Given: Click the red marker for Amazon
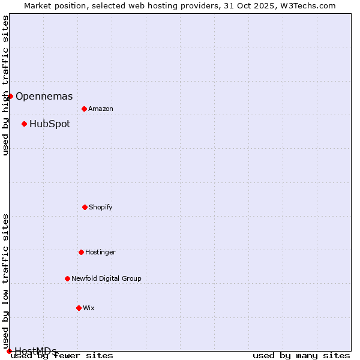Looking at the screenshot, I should [84, 109].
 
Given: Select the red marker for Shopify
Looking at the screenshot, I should [85, 207].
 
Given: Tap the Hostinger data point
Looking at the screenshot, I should [81, 252].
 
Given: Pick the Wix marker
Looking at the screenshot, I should [79, 308].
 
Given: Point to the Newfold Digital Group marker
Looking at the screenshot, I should [67, 278].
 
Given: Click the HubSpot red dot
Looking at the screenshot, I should [24, 124].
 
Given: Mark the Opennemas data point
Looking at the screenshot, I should [10, 96].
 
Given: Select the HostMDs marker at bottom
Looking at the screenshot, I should [9, 351].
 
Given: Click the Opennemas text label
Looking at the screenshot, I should [44, 96].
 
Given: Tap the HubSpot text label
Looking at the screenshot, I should [49, 124].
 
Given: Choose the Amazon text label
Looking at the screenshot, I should [101, 109].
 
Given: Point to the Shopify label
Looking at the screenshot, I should [101, 207].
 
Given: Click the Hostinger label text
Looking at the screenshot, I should [100, 252].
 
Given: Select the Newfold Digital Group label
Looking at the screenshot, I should [106, 278].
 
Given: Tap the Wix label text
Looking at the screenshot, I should [89, 308].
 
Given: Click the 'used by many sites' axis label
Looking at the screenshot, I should [301, 356].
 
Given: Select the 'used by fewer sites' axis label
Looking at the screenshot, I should [62, 356].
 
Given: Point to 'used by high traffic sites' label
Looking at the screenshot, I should [5, 85].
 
